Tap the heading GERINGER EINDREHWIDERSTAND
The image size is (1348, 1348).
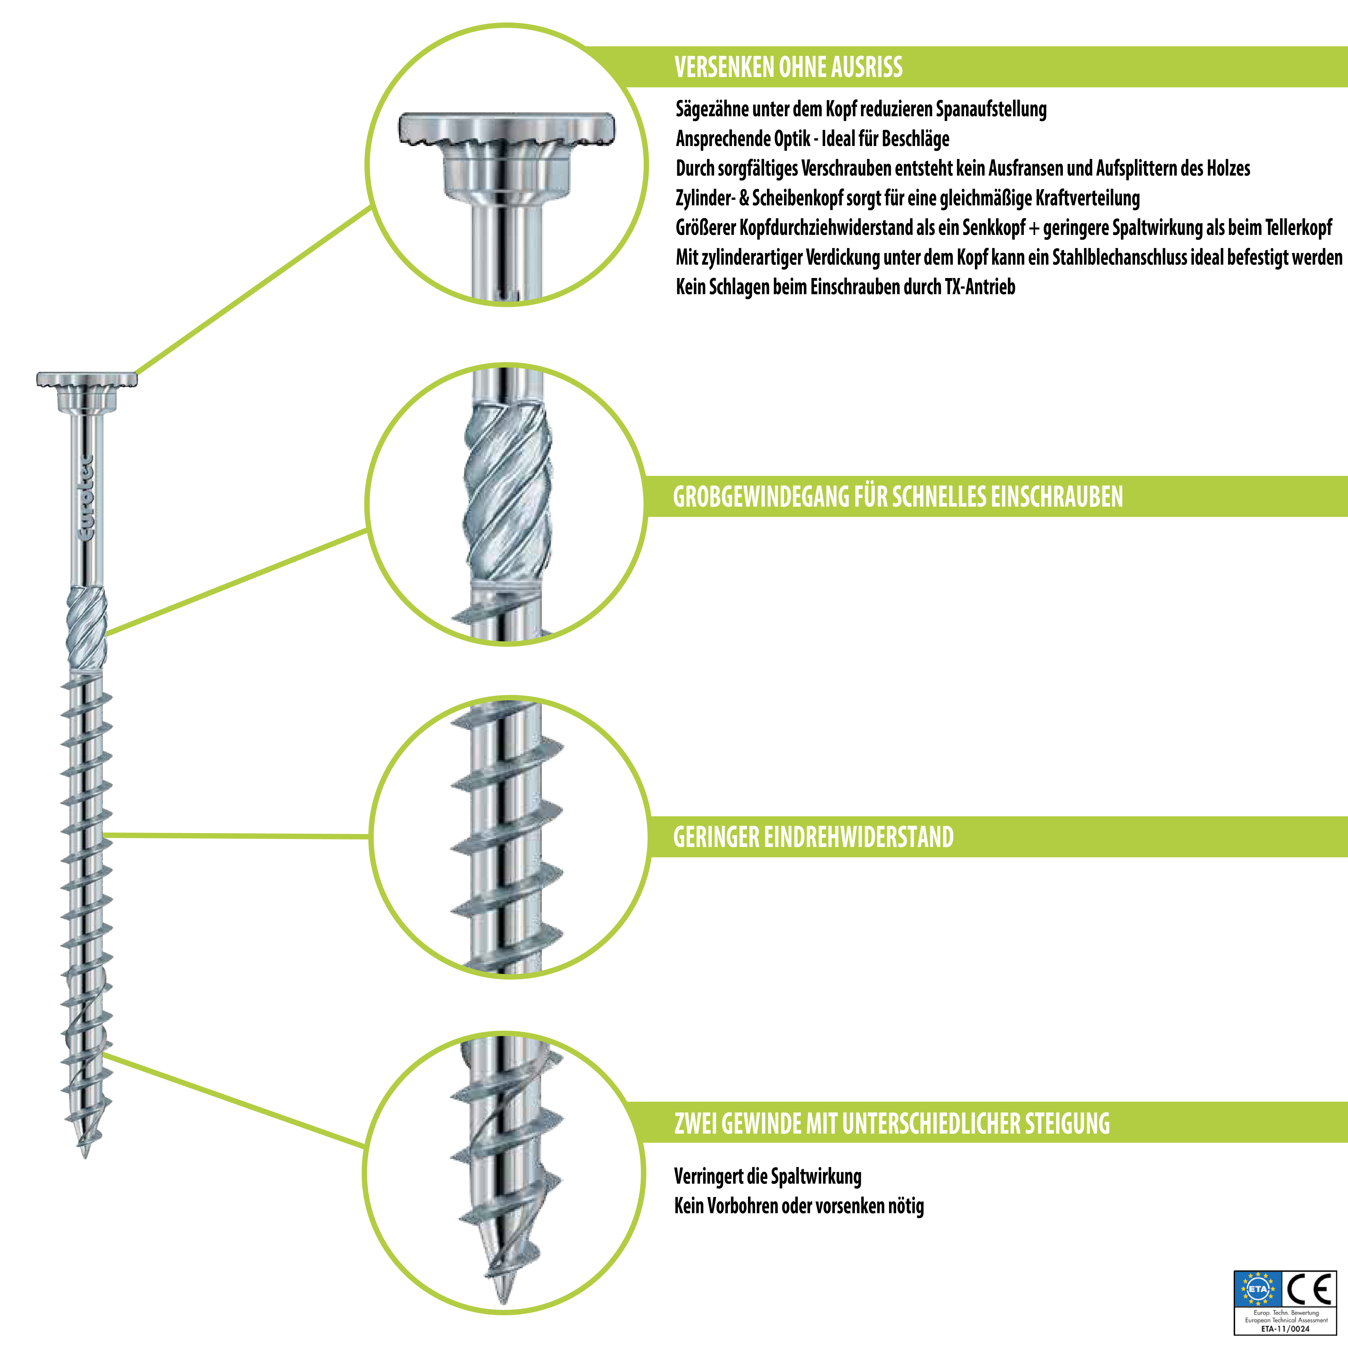click(x=813, y=837)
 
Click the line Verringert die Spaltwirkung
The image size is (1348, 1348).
click(x=767, y=1176)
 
